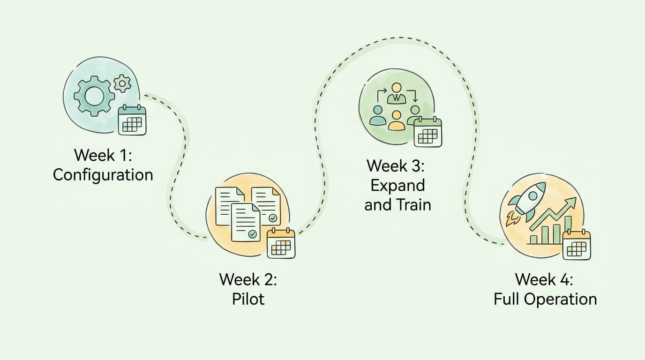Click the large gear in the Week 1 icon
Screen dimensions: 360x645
coord(94,97)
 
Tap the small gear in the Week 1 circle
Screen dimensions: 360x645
coord(122,84)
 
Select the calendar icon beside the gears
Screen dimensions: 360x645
coord(132,120)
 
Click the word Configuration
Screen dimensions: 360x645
coord(103,175)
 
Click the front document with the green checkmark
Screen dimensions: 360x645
coord(246,222)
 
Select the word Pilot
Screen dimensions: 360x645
coord(248,299)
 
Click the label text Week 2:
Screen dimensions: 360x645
coord(248,279)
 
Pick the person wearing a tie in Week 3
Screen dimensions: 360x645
coord(397,94)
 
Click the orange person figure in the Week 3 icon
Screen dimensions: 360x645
coord(397,121)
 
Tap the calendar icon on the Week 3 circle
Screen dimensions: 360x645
coord(427,132)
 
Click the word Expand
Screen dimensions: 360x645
coord(397,185)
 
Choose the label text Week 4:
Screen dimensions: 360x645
coord(544,279)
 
